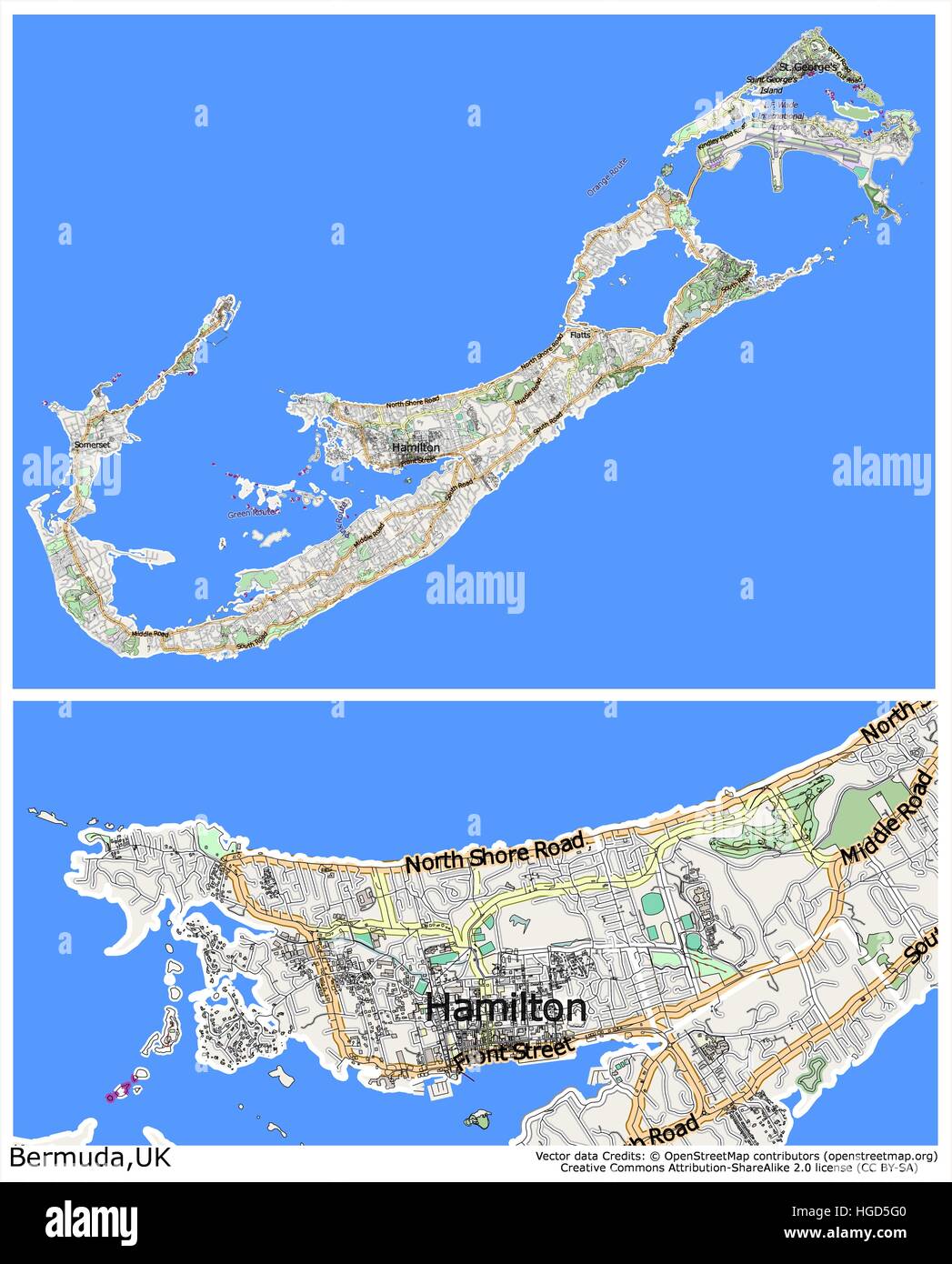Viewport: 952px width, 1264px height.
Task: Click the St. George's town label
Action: click(x=808, y=67)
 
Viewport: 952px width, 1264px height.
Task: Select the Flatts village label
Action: click(x=579, y=335)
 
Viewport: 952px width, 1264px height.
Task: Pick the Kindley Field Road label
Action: click(x=720, y=140)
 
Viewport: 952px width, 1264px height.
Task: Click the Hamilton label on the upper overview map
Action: click(x=416, y=447)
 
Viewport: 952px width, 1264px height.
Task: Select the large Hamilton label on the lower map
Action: click(x=506, y=1008)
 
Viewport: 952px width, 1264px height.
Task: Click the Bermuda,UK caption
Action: click(x=90, y=1157)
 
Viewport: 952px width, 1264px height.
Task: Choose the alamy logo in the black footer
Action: click(x=92, y=1221)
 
